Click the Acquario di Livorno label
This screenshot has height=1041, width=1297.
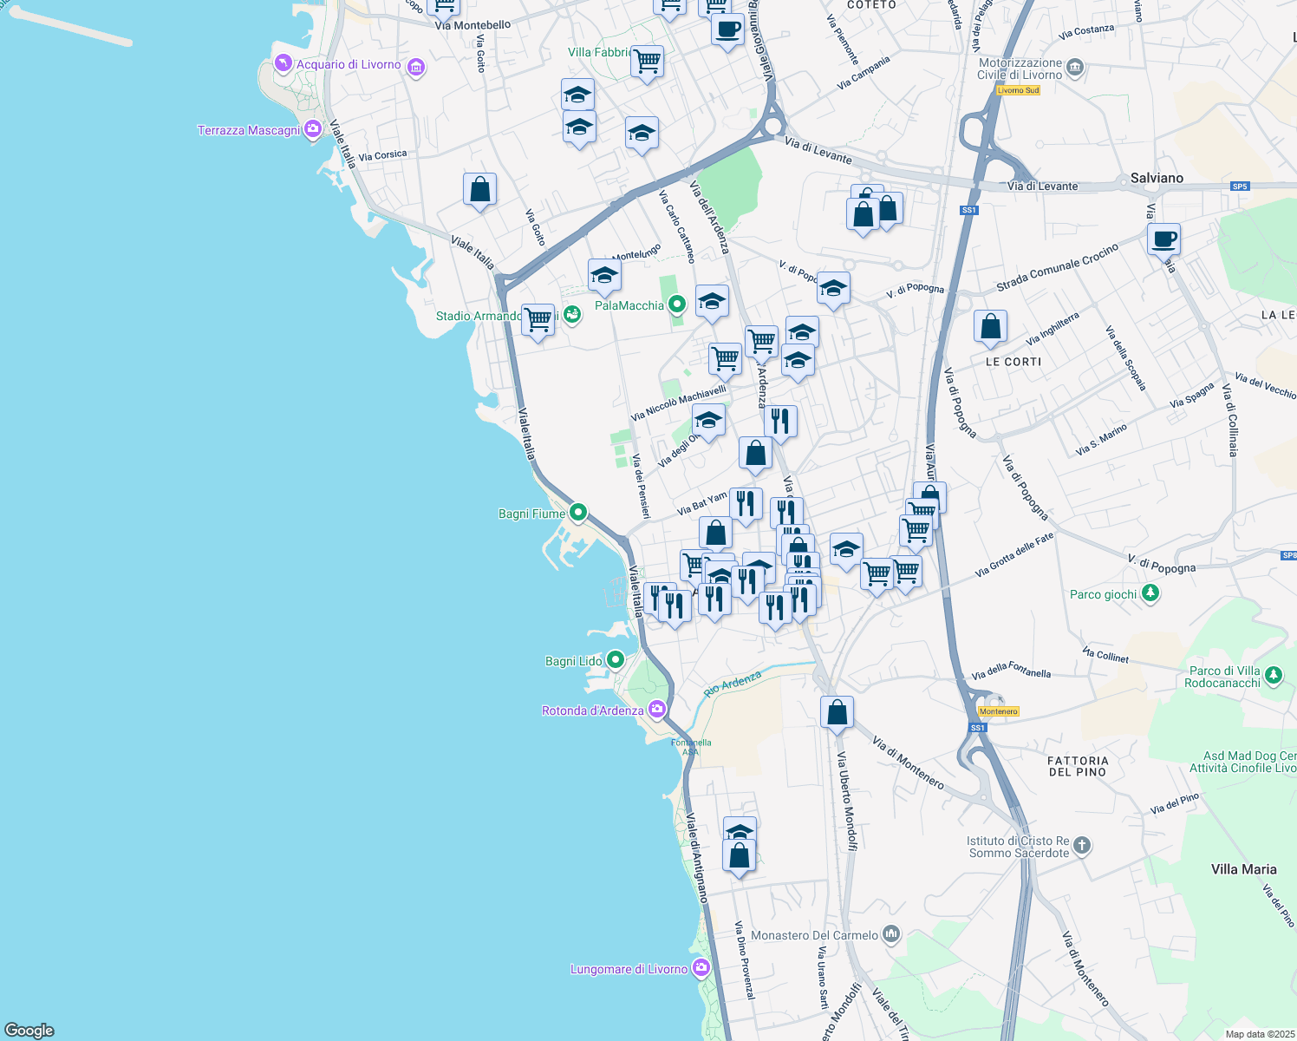pos(349,65)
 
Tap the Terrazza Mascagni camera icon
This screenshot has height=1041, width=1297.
pos(313,130)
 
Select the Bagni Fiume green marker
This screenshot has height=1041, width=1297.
pos(578,513)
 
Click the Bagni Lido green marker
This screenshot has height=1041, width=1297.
pos(616,660)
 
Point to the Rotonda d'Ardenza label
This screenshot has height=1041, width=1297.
pos(593,710)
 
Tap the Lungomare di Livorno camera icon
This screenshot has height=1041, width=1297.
pos(701,968)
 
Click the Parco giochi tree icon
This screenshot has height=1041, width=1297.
pos(1150,593)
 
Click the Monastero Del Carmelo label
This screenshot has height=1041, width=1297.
pos(814,935)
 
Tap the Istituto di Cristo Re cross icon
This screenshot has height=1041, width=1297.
pos(1082,845)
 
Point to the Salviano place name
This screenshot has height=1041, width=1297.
pos(1157,178)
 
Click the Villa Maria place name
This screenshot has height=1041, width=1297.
pos(1243,869)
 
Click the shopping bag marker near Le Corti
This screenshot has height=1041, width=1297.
pos(990,327)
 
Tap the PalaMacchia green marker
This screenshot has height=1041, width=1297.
pos(677,304)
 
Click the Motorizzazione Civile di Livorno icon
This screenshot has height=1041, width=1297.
pos(1075,67)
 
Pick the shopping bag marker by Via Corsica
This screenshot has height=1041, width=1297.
pos(479,190)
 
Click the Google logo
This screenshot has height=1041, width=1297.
pos(29,1031)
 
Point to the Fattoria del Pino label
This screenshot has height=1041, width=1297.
pos(1078,766)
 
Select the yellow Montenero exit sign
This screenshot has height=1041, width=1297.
pos(999,711)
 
